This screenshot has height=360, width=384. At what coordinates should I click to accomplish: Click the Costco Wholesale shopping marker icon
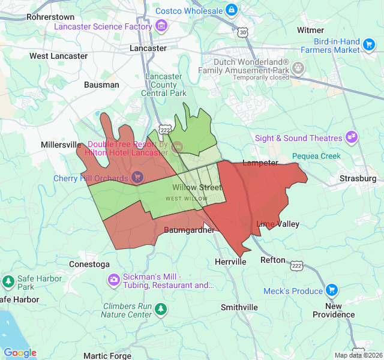(x=232, y=10)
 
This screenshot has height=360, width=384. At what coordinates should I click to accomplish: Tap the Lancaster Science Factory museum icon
(x=161, y=26)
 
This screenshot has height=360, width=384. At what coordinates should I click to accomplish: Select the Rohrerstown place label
(x=50, y=17)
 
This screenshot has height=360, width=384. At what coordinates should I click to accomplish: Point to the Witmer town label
(x=310, y=30)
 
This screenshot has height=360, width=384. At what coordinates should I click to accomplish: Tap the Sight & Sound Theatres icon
(x=352, y=138)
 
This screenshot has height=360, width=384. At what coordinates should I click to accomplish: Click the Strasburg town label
(x=358, y=179)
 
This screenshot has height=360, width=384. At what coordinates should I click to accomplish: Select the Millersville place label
(x=61, y=145)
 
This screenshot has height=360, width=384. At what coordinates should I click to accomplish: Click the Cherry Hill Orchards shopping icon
(x=137, y=178)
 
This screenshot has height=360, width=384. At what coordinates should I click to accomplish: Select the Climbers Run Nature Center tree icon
(x=160, y=310)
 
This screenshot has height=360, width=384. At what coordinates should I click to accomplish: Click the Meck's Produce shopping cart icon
(x=332, y=292)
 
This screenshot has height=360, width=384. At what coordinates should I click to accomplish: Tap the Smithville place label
(x=239, y=307)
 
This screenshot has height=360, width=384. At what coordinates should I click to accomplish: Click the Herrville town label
(x=231, y=262)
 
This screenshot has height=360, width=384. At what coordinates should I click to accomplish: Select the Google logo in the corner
(x=20, y=353)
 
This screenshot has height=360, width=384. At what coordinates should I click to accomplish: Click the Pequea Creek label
(x=316, y=157)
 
